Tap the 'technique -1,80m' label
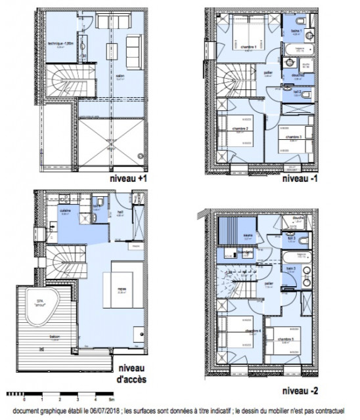coord(60,44)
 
